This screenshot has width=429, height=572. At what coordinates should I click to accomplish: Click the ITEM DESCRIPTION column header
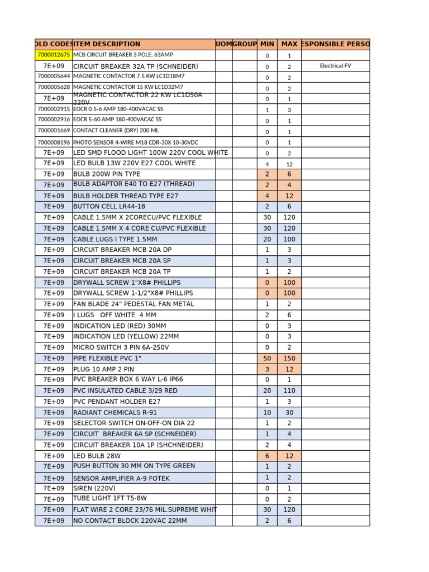[x=107, y=44]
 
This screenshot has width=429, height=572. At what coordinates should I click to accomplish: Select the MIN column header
[x=267, y=44]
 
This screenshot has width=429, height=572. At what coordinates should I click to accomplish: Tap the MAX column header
[x=289, y=44]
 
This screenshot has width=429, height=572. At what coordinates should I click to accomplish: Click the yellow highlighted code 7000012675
[x=54, y=55]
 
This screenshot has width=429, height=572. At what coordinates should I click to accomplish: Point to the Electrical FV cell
[x=335, y=66]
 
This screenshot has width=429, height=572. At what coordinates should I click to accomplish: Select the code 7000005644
[x=54, y=77]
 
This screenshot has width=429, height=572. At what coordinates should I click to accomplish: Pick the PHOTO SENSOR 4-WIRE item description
[x=140, y=142]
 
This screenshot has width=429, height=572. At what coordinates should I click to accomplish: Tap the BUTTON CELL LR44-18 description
[x=109, y=206]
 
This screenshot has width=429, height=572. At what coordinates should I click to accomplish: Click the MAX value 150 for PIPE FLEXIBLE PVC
[x=289, y=358]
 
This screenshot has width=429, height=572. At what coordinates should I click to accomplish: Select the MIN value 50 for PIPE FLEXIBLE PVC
[x=267, y=358]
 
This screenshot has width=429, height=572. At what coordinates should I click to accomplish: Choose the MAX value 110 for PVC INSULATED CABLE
[x=289, y=390]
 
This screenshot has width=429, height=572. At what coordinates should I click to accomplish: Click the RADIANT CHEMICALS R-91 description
[x=115, y=412]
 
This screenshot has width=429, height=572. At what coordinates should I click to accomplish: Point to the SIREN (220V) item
[x=94, y=488]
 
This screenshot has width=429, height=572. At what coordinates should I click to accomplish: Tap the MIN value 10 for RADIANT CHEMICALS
[x=267, y=412]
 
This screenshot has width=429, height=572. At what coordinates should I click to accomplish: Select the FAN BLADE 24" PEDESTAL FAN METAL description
[x=134, y=304]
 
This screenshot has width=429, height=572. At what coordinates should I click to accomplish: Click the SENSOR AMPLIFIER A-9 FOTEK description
[x=121, y=478]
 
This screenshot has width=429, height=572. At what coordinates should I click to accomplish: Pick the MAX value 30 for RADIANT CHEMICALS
[x=289, y=412]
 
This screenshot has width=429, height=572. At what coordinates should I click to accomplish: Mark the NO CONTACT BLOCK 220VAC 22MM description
[x=130, y=521]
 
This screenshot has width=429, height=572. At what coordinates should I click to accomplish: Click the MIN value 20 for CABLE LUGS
[x=267, y=239]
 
